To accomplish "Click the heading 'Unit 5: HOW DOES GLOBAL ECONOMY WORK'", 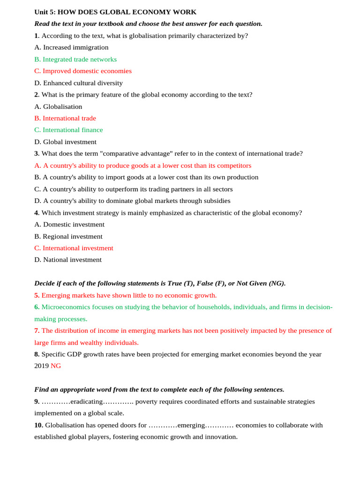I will pos(115,12).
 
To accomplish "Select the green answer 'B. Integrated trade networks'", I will pos(75,60).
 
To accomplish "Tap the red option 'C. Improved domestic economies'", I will pos(83,71).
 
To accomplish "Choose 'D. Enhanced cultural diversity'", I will pos(78,83).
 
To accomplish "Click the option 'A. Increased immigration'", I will pos(71,47).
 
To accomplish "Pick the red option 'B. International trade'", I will pos(65,119).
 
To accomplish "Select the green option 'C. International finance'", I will pos(68,130).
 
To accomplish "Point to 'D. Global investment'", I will pos(65,142).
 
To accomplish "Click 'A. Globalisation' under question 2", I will pos(58,107).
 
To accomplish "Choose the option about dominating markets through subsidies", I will pos(132,201).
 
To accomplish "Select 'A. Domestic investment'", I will pos(69,225).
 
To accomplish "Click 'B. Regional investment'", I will pos(68,237).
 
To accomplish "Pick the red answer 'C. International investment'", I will pos(74,248).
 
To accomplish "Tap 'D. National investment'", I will pos(68,260).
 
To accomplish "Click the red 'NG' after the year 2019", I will pos(56,366).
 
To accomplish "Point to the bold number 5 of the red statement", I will pos(37,296).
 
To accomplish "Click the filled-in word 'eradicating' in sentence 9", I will pos(86,402).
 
